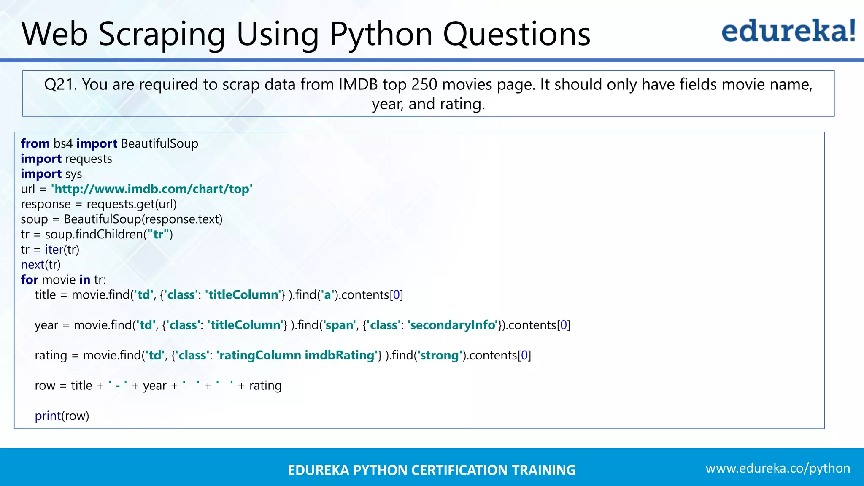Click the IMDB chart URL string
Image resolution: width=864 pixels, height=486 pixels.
(152, 189)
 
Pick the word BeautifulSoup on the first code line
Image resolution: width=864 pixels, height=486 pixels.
(159, 144)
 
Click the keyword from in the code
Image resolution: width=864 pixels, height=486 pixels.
(35, 144)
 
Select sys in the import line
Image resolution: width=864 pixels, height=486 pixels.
(73, 174)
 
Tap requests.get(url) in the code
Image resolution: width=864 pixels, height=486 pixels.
(132, 205)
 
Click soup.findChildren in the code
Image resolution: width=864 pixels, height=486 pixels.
(94, 235)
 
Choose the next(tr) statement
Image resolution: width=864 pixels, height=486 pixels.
(41, 265)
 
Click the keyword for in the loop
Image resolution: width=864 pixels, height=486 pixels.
(30, 280)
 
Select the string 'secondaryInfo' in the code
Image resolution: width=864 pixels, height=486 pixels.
(453, 325)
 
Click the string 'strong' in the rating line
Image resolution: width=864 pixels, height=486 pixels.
(439, 356)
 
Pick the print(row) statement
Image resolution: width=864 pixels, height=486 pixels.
(62, 416)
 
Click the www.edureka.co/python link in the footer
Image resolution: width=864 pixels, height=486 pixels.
(778, 468)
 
